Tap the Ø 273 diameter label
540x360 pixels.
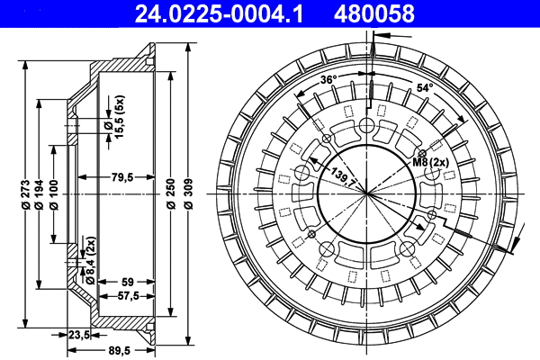point(24,195)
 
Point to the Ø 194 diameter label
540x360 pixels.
point(40,195)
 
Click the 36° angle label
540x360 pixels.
point(328,80)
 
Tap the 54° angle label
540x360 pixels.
point(424,87)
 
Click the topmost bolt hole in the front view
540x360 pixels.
point(368,126)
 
